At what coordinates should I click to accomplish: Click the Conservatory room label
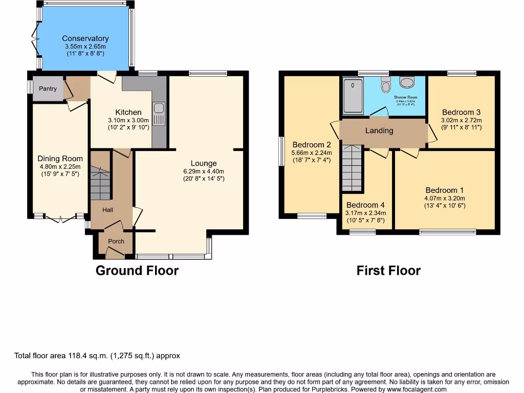pos(85,38)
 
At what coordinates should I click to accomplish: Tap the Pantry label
pos(48,89)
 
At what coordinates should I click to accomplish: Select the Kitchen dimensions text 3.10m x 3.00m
pos(128,120)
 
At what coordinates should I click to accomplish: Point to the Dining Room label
pos(60,159)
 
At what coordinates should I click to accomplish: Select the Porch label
pos(116,242)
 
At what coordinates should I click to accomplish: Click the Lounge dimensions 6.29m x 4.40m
pos(204,171)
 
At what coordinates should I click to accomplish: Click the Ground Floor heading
pos(137,271)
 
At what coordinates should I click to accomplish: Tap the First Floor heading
pos(388,271)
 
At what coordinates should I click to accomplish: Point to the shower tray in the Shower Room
pos(353,96)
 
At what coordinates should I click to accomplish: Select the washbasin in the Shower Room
pos(408,82)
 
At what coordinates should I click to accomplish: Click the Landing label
pos(379,130)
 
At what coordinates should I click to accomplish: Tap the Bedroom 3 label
pos(461,112)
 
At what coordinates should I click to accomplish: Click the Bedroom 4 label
pos(365,205)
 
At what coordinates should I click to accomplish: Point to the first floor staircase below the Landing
pos(352,168)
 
